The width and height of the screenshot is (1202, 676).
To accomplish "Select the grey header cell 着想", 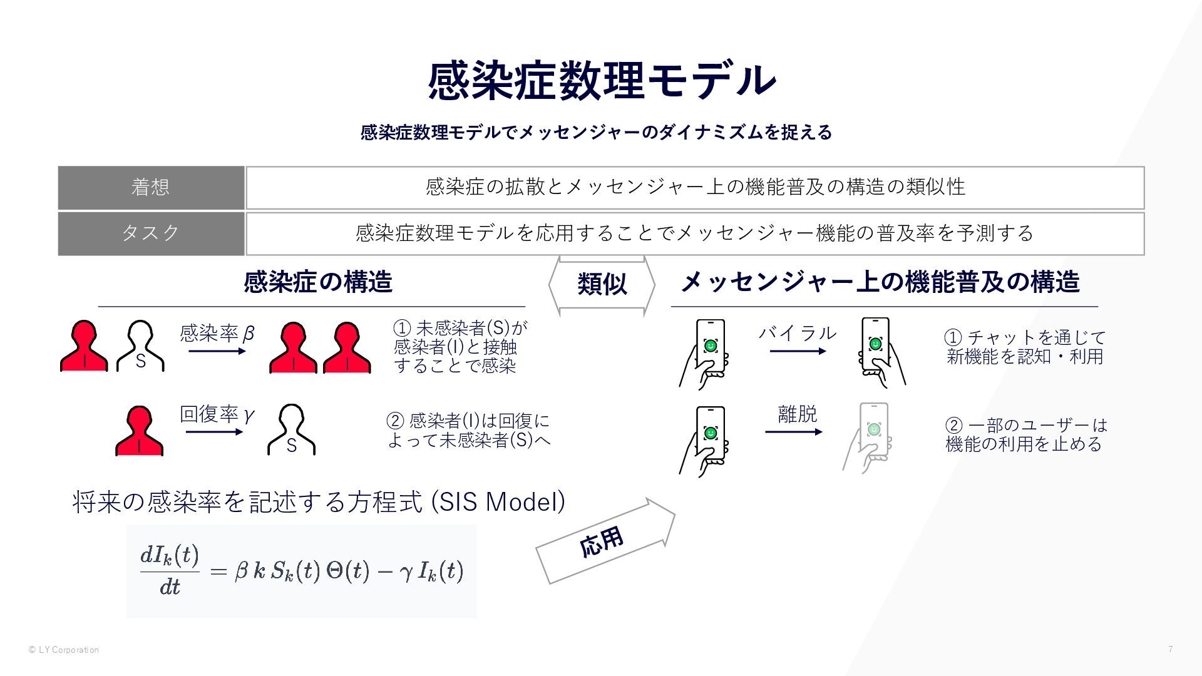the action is click(x=151, y=187).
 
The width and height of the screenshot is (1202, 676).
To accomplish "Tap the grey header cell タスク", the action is click(x=151, y=233).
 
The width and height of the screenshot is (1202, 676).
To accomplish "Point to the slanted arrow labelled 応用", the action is click(x=605, y=541).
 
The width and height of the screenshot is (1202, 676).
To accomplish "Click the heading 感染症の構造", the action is click(x=318, y=282).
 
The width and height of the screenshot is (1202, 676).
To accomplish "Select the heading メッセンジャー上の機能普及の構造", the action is click(x=880, y=282).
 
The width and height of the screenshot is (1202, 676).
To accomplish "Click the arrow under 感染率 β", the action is click(x=217, y=351).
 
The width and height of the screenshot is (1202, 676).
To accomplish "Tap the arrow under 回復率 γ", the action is click(x=214, y=432).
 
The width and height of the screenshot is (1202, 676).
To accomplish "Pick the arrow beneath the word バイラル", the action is click(x=798, y=351).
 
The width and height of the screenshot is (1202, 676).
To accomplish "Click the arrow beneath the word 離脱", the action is click(x=793, y=432).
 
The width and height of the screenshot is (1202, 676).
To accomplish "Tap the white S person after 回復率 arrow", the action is click(x=291, y=430).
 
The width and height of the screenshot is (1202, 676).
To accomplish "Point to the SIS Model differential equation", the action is click(x=301, y=571).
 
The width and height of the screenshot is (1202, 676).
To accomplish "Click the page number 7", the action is click(x=1170, y=649).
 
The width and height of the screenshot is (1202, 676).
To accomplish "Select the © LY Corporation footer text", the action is click(x=63, y=650).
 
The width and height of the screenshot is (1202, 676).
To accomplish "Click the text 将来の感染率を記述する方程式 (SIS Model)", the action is click(x=319, y=502).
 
